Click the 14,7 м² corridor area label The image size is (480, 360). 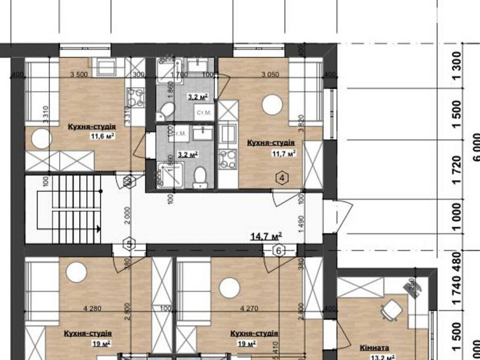pos(266,236)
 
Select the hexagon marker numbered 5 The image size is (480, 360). pos(129,244)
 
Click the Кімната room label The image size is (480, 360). pos(374,347)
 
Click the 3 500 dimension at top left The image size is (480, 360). pos(79,74)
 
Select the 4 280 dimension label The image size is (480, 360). pos(92,309)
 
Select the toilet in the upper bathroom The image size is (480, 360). pos(166,110)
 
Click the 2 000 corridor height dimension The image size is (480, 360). pos(125,216)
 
